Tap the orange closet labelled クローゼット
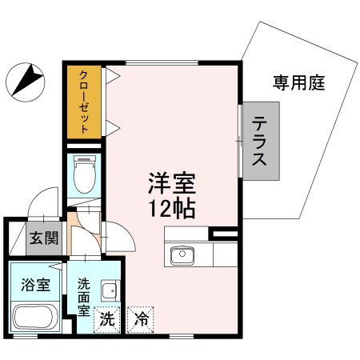click(x=83, y=104)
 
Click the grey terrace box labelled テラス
click(x=262, y=141)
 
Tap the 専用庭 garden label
click(x=298, y=82)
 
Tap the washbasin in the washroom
click(x=110, y=291)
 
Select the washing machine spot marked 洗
click(x=106, y=319)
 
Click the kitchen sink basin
click(x=180, y=255)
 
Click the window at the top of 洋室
click(x=172, y=61)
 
